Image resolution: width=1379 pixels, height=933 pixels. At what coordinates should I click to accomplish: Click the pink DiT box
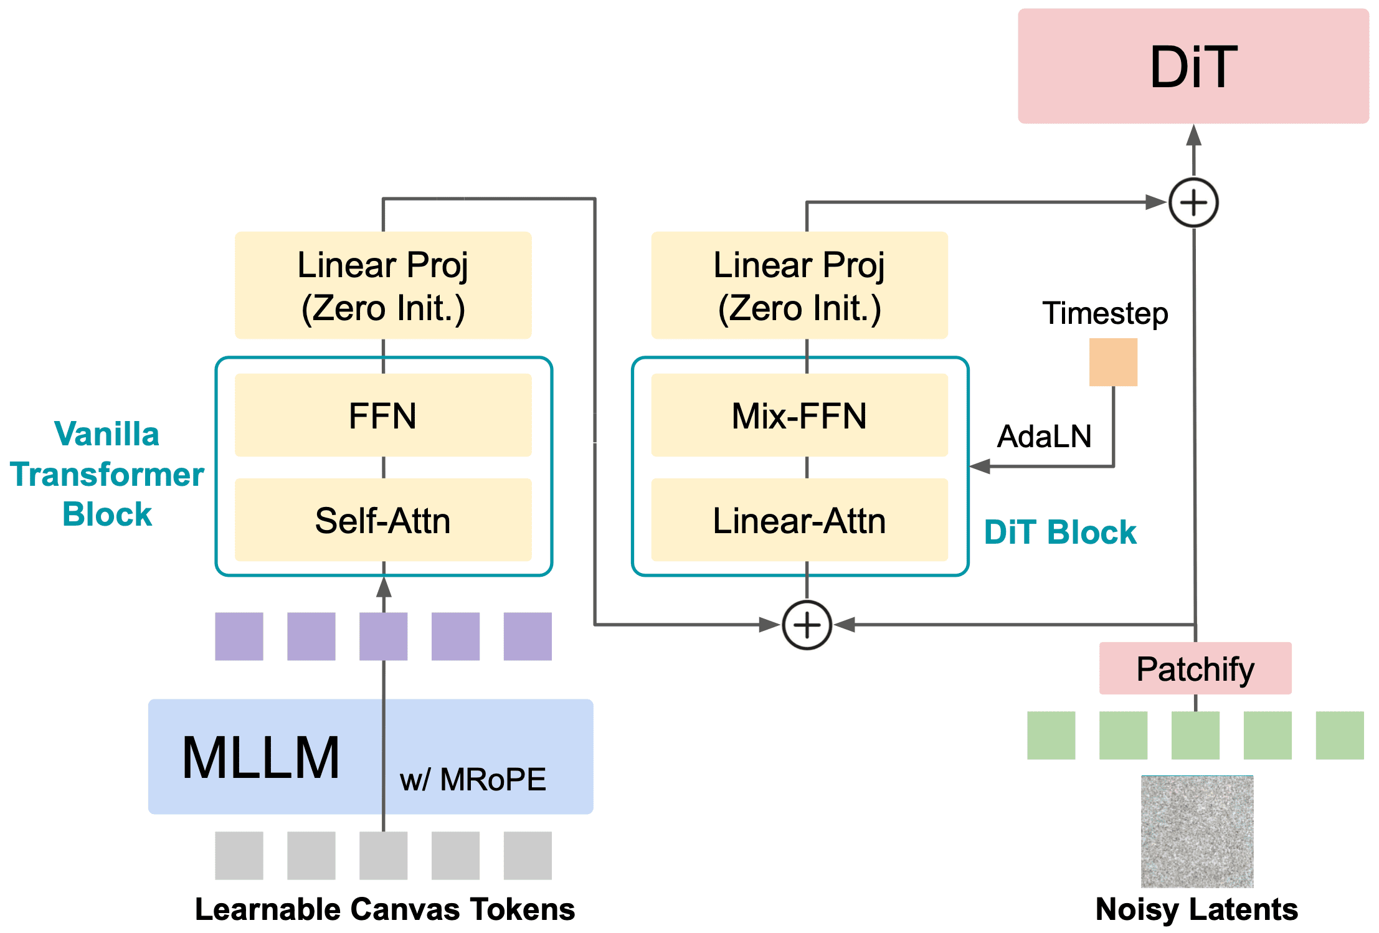point(1193,66)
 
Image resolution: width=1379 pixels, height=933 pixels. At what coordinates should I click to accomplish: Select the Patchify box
point(1195,669)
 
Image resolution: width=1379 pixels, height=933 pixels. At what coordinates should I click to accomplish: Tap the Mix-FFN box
point(799,415)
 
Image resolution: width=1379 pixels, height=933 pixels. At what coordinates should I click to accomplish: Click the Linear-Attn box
point(799,520)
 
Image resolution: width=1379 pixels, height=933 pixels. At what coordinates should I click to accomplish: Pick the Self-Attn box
point(382,520)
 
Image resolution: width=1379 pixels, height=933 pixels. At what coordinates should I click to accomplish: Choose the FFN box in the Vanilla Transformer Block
point(382,415)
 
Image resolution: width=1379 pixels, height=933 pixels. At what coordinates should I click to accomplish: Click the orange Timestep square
point(1113,362)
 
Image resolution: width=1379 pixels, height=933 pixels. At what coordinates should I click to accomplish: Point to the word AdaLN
point(1045,436)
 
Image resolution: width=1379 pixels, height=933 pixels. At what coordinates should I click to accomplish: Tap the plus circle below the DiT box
point(1193,203)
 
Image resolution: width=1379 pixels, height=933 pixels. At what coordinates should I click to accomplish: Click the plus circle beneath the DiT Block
point(807,625)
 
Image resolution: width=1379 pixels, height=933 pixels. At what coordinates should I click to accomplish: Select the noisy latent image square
point(1197,831)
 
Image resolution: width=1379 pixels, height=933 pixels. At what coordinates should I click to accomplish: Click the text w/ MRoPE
point(473,779)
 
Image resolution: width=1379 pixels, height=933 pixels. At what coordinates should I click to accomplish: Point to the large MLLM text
point(261,757)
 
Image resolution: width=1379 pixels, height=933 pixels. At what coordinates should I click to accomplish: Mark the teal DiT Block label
point(1060,533)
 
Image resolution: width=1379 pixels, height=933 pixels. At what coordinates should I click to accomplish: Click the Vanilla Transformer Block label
point(107,474)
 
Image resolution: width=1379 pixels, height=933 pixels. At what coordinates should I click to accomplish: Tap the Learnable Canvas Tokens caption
point(385,909)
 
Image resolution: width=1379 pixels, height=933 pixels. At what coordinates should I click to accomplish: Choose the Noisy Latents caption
point(1197,909)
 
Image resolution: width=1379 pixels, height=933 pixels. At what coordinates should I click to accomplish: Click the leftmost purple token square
point(239,636)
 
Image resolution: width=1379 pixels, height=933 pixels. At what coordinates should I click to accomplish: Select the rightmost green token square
point(1339,735)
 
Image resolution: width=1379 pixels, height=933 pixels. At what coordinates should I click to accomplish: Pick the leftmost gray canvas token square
point(239,855)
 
